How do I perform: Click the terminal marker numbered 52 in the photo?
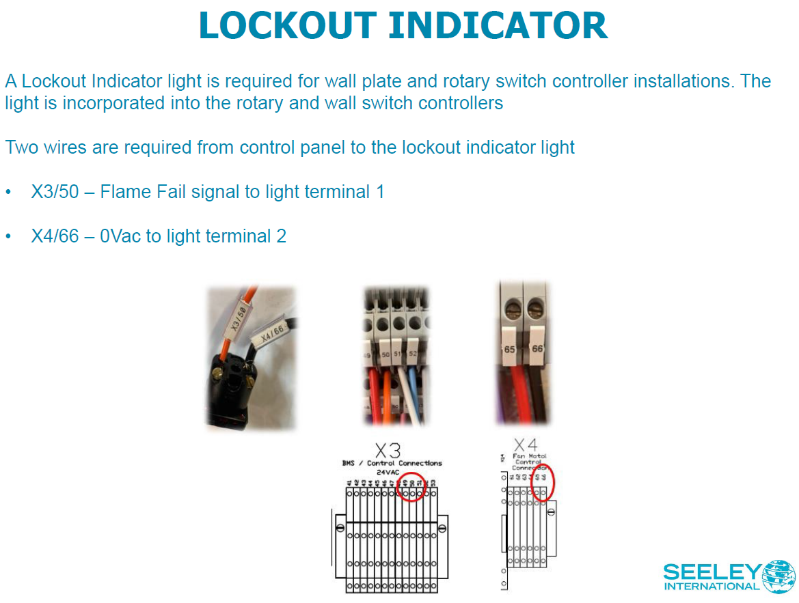[x=412, y=354]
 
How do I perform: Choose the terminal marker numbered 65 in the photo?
[x=510, y=350]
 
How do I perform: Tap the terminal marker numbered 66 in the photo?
[x=537, y=349]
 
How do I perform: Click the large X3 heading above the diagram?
[x=388, y=451]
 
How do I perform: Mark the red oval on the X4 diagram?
[x=543, y=482]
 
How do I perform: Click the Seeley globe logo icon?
[x=779, y=576]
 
